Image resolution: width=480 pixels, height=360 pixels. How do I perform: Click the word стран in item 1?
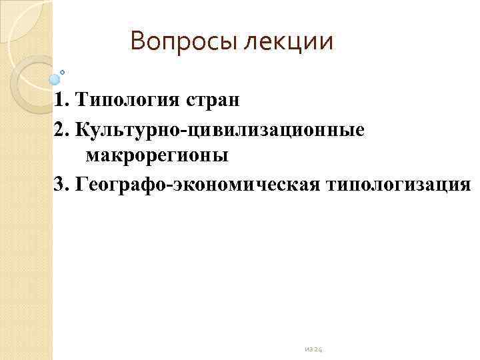(212, 101)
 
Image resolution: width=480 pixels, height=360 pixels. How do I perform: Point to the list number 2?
(61, 129)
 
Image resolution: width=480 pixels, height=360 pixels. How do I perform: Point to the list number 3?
(61, 183)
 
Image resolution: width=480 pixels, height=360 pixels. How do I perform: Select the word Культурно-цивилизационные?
(221, 129)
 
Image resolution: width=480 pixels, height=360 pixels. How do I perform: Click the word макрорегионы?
(157, 156)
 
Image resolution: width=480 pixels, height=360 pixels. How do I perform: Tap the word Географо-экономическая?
(200, 183)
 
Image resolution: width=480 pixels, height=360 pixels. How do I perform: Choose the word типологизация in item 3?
(400, 183)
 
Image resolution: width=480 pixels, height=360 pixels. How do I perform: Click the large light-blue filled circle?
(55, 79)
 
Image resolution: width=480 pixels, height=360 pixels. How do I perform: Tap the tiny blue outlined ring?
(63, 71)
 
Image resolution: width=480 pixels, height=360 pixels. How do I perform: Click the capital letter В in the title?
(137, 42)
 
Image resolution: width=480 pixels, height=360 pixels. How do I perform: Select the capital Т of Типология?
(81, 101)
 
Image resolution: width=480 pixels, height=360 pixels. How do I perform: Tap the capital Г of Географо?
(82, 183)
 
